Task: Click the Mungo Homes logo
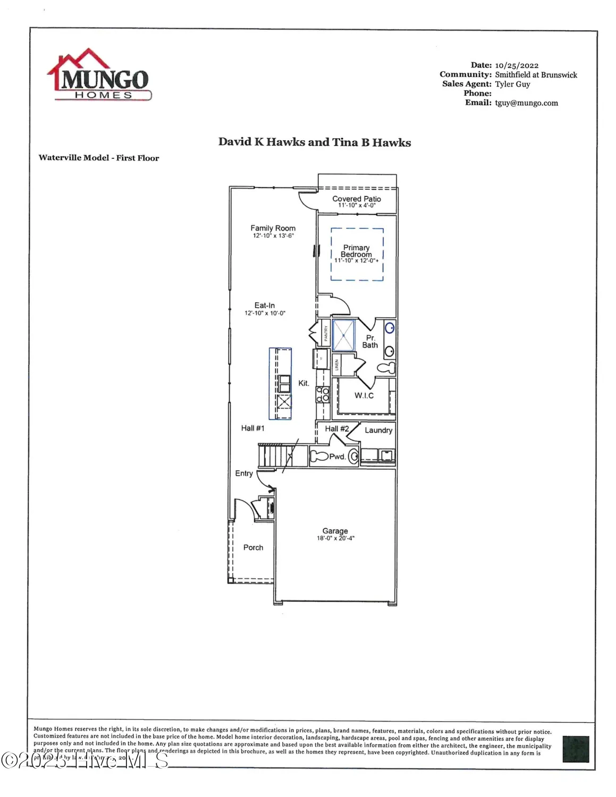pos(99,75)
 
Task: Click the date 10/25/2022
pos(516,65)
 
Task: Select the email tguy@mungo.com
pos(526,103)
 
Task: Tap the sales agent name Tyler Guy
pos(512,84)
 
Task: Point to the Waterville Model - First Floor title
pos(99,158)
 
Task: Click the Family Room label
pos(273,228)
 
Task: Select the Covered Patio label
pos(356,199)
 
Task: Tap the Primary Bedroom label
pos(356,251)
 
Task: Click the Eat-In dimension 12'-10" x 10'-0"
pos(265,313)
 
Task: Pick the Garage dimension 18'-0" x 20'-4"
pos(335,538)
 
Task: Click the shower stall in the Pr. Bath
pos(344,335)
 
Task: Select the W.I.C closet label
pos(364,395)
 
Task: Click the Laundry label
pos(378,430)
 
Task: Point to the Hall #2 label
pos(337,429)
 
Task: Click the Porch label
pos(253,547)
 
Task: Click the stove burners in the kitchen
pos(323,394)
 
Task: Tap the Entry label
pos(244,473)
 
